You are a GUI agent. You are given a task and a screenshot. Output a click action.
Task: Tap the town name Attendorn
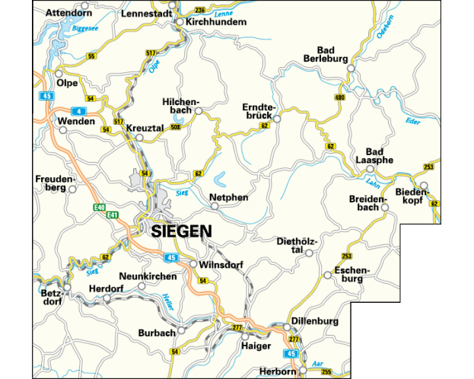pyautogui.click(x=68, y=13)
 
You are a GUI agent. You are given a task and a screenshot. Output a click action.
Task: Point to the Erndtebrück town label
pyautogui.click(x=256, y=111)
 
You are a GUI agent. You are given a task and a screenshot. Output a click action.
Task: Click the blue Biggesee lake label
pyautogui.click(x=84, y=28)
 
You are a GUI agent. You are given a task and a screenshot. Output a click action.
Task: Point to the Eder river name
pyautogui.click(x=413, y=121)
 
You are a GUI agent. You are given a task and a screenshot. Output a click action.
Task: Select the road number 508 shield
pyautogui.click(x=176, y=127)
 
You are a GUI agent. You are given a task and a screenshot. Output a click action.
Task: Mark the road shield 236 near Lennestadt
pyautogui.click(x=200, y=10)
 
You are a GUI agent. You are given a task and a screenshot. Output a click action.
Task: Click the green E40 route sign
pyautogui.click(x=99, y=207)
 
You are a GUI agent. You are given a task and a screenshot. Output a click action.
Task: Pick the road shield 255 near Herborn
pyautogui.click(x=326, y=371)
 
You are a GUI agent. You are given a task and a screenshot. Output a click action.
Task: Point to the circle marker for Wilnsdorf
pyautogui.click(x=193, y=265)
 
